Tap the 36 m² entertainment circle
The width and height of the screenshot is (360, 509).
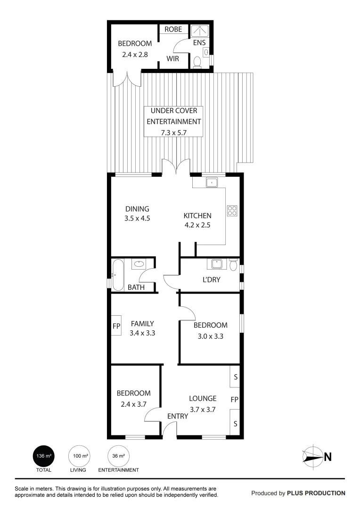118,456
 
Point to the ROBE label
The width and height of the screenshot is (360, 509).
173,29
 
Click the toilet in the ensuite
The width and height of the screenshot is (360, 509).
197,62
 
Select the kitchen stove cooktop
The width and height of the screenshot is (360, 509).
232,211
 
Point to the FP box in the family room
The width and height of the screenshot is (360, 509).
116,326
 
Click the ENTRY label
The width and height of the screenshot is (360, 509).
178,416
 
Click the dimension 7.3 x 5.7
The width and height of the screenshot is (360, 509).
173,132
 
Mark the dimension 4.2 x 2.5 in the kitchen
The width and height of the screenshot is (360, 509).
196,225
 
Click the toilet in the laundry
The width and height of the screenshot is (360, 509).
233,265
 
